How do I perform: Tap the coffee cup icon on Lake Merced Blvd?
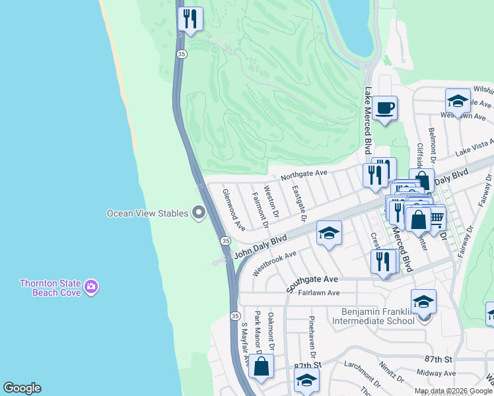point(384,108)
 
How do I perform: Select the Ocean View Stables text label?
point(148,213)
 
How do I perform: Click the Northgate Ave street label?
point(304,174)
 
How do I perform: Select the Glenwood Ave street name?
point(234,209)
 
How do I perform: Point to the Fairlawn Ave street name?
point(318,292)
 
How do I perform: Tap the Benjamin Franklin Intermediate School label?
point(377,316)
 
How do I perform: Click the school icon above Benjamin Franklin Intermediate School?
point(423,301)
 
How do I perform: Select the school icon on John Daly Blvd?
point(329,233)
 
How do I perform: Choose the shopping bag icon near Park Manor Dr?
point(262,367)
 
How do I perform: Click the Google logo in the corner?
point(22,388)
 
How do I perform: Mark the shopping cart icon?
point(435,216)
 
